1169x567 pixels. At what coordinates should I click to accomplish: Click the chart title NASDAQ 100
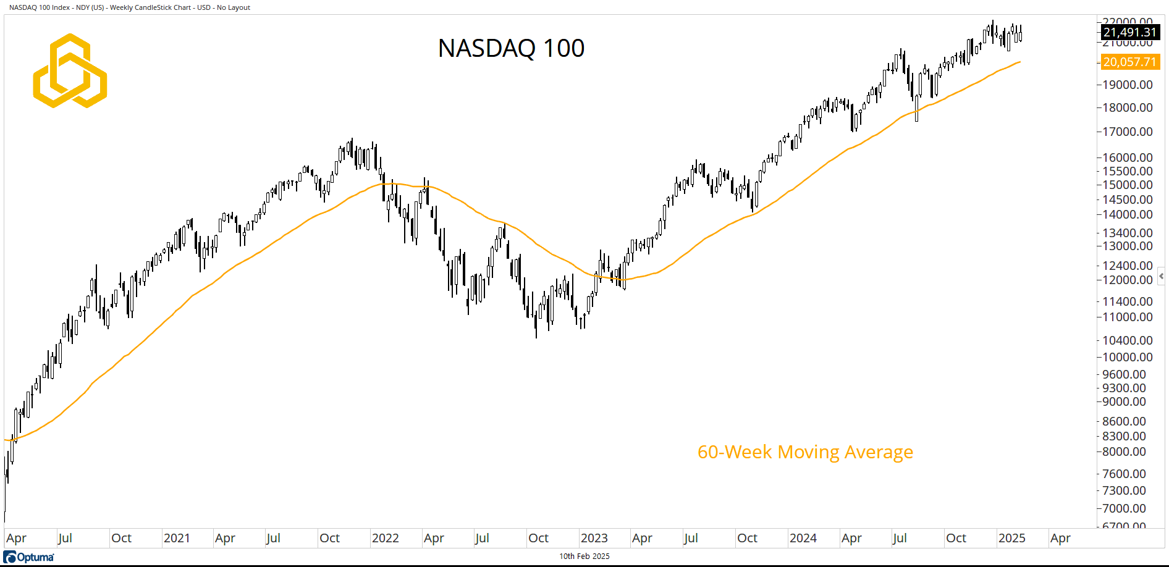coord(511,48)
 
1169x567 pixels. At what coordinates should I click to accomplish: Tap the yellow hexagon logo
coord(70,70)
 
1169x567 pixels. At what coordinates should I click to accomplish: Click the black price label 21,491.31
coord(1129,32)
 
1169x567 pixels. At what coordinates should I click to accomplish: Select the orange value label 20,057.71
coord(1129,62)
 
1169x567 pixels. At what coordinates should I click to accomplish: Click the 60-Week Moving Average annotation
coord(805,452)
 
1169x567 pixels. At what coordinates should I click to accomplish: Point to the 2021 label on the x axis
coord(177,538)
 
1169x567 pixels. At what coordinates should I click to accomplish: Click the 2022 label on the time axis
coord(385,538)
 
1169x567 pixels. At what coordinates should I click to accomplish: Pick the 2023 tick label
coord(594,538)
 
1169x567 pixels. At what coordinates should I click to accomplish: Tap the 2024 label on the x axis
coord(803,538)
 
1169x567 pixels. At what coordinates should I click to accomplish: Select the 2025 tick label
coord(1011,538)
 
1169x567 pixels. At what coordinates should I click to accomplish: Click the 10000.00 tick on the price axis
coord(1128,357)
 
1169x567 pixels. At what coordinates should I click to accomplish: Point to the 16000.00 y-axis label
coord(1128,157)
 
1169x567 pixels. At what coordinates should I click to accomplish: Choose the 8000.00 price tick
coord(1128,451)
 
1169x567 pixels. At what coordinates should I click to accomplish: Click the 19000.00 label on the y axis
coord(1128,85)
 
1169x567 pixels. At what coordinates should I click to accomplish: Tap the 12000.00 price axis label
coord(1128,280)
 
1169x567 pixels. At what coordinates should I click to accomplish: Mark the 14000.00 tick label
coord(1128,214)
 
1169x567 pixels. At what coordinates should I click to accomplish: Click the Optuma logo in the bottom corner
coord(29,557)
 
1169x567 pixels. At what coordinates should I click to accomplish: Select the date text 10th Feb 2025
coord(584,556)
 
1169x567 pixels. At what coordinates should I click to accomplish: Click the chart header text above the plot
coord(130,7)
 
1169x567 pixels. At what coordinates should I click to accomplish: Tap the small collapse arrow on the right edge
coord(1162,276)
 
